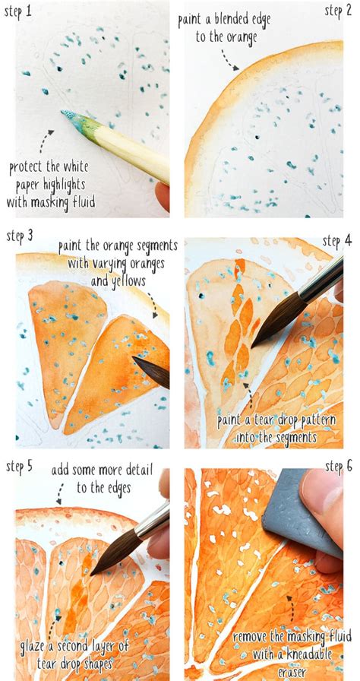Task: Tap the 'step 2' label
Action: (337, 11)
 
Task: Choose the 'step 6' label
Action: (337, 466)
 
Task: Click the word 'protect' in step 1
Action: (30, 169)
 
